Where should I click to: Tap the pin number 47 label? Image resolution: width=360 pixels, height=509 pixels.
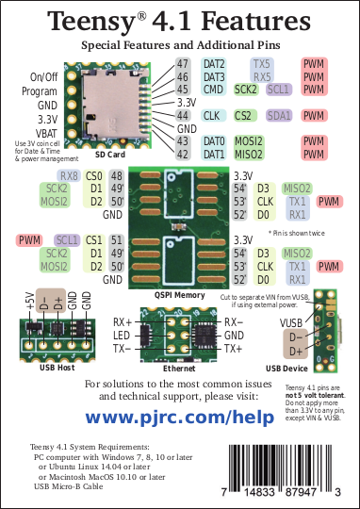(x=183, y=63)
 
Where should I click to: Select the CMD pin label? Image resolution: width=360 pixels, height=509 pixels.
(x=213, y=90)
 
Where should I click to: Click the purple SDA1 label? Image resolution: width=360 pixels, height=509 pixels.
(x=279, y=115)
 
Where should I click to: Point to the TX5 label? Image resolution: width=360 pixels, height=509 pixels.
(x=262, y=63)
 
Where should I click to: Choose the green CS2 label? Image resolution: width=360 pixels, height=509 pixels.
(x=243, y=115)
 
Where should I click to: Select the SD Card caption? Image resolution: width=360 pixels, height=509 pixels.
(x=110, y=154)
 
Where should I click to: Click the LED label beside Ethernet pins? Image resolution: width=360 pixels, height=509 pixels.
(x=122, y=335)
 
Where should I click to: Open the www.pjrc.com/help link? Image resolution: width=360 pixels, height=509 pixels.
(x=179, y=416)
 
